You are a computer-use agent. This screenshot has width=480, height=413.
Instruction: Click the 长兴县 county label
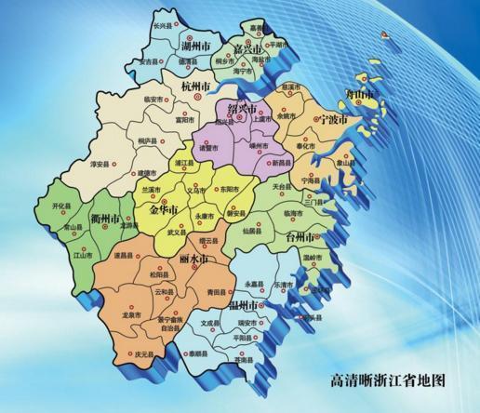click(x=163, y=25)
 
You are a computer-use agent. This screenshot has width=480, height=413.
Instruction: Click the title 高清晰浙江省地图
click(x=389, y=380)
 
